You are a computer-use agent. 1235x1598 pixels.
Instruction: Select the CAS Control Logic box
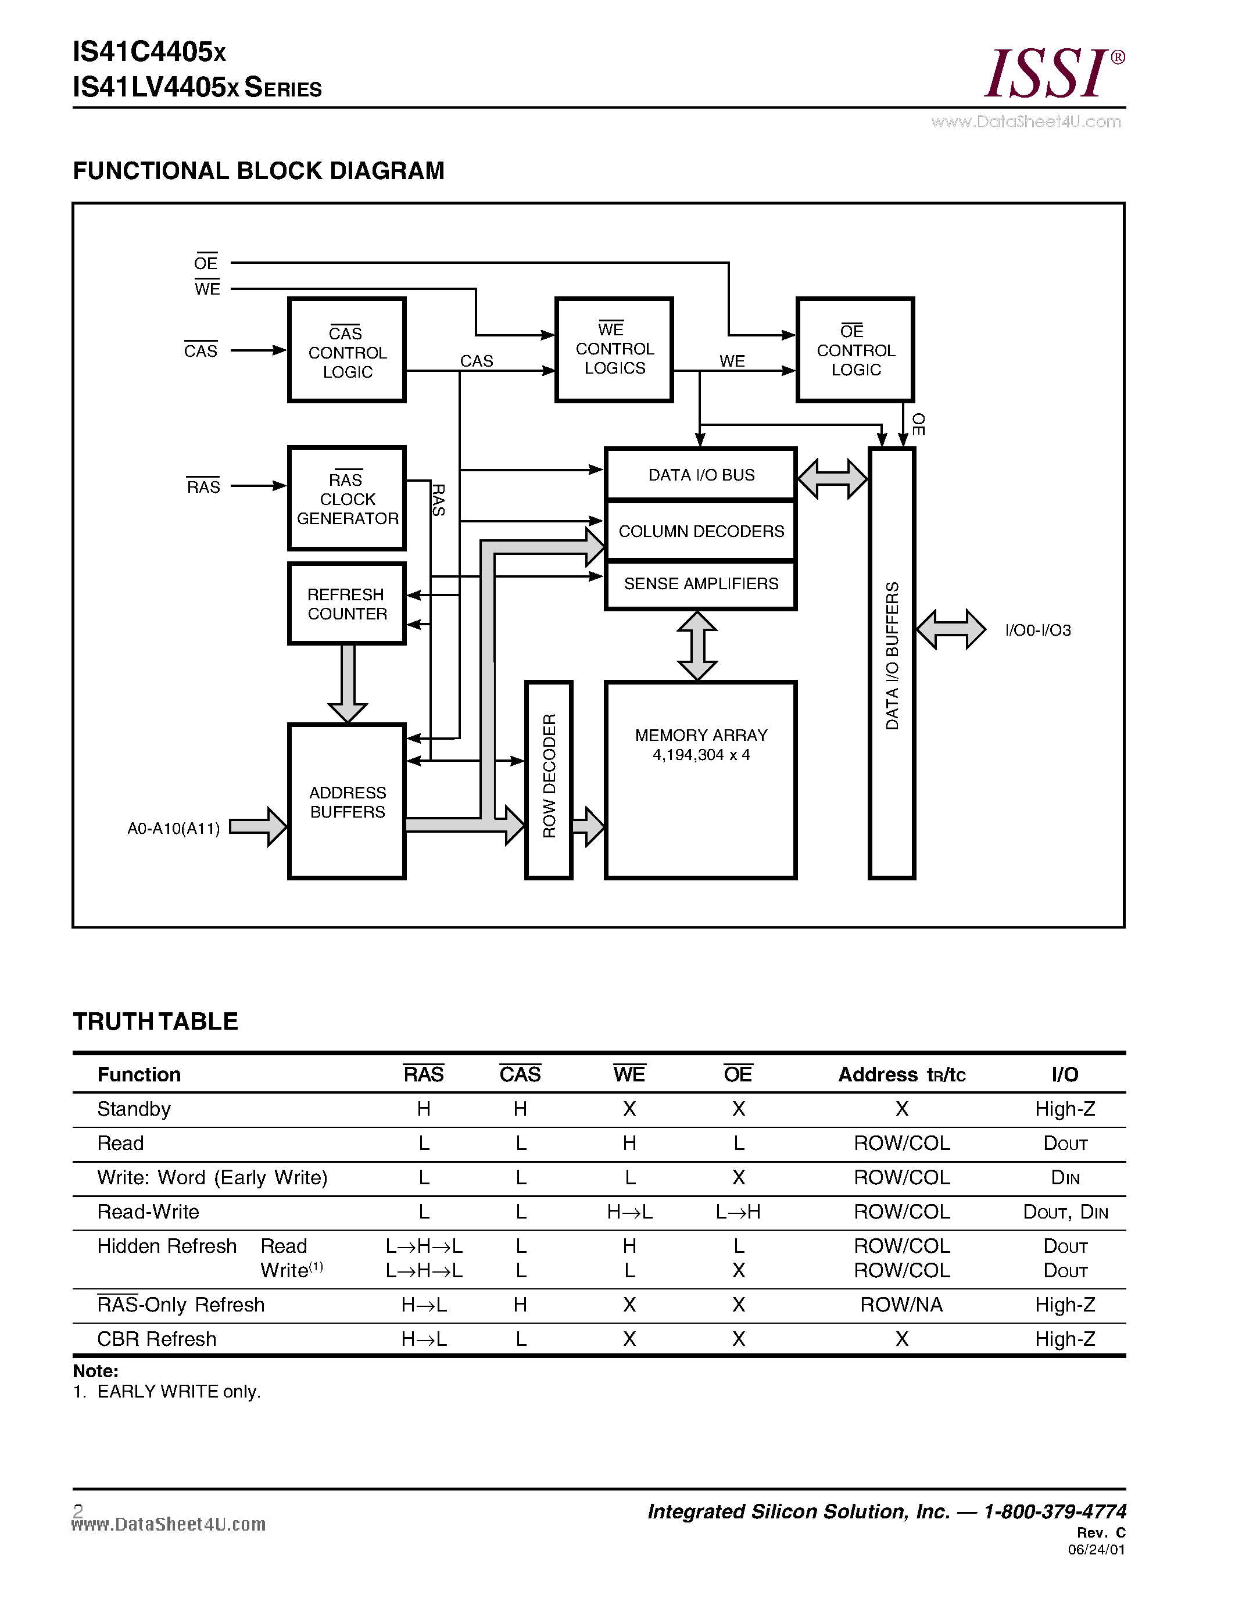coord(347,350)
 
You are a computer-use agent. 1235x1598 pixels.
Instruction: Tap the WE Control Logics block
coord(614,350)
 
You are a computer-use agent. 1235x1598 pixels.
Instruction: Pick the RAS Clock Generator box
coord(347,498)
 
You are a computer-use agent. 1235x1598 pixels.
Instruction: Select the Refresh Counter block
coord(347,604)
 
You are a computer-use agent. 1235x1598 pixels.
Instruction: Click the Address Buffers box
coord(347,802)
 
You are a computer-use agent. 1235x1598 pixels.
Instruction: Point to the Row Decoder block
coord(549,779)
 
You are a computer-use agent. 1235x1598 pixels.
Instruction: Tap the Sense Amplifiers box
coord(700,584)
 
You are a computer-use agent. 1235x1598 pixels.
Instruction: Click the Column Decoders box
coord(700,531)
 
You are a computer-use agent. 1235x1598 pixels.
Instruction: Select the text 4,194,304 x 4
coord(700,755)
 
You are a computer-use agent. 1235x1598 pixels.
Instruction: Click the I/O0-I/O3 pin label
coord(1037,630)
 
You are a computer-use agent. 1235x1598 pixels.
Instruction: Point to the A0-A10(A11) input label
coord(173,828)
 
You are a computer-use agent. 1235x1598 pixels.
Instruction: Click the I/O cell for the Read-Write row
coord(1065,1212)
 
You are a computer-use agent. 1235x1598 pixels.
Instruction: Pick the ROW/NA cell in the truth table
coord(901,1305)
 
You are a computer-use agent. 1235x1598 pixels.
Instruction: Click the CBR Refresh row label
coord(156,1339)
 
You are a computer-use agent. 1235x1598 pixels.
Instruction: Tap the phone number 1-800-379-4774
coord(1054,1511)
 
